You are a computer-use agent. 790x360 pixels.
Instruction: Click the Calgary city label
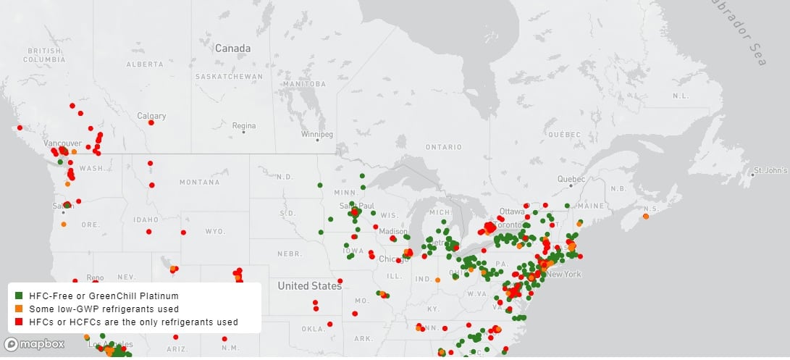(x=152, y=116)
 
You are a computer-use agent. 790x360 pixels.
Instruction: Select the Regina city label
(x=243, y=125)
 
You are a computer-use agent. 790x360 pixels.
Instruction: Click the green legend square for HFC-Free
(x=18, y=296)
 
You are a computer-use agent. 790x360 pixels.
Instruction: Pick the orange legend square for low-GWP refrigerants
(x=18, y=309)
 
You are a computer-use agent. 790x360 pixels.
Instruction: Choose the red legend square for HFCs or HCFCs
(x=18, y=321)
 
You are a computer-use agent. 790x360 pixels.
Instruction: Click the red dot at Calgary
(x=151, y=123)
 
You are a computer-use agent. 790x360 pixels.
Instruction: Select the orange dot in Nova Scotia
(x=645, y=216)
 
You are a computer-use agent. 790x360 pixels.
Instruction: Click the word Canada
(x=232, y=49)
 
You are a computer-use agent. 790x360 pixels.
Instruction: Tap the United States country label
(x=309, y=286)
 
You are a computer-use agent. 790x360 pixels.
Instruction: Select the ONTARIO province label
(x=444, y=147)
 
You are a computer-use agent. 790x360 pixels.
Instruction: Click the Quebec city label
(x=570, y=179)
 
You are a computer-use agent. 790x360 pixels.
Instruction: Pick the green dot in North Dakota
(x=319, y=185)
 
